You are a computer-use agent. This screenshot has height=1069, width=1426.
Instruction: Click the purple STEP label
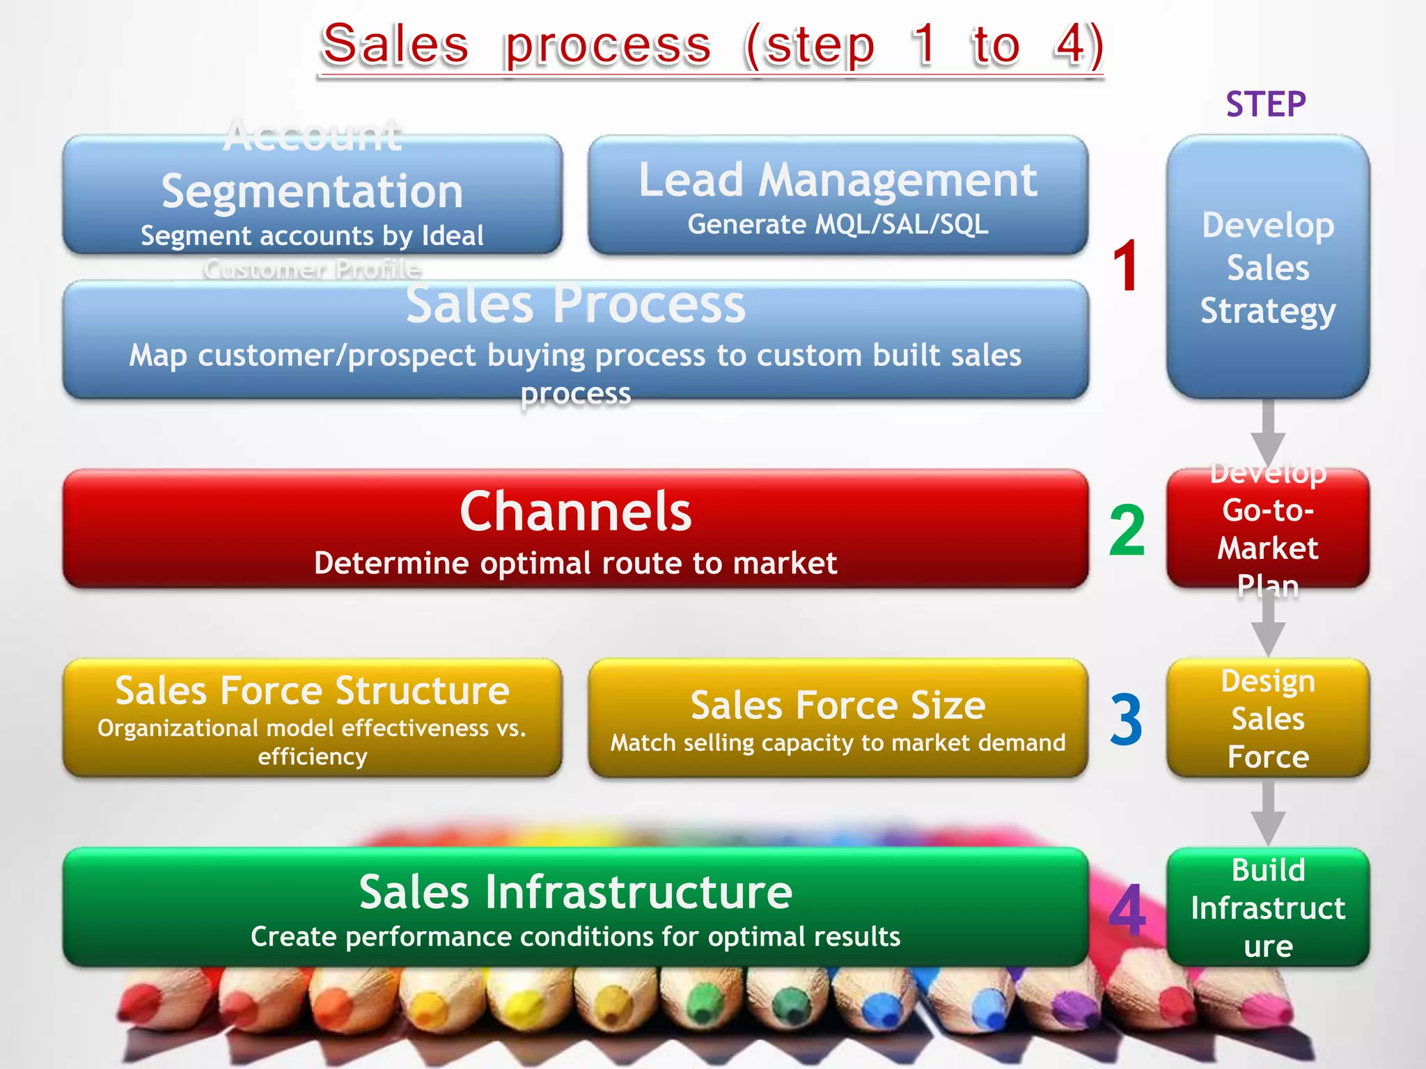1266,104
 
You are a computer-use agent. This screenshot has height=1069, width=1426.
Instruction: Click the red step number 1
1125,266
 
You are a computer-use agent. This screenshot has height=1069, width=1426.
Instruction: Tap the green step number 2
1127,530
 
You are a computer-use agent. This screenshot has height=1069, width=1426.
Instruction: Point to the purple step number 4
1127,910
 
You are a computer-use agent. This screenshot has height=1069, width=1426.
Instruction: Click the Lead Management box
838,195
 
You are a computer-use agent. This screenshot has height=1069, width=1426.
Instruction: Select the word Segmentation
312,191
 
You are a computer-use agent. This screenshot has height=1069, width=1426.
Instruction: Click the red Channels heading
575,512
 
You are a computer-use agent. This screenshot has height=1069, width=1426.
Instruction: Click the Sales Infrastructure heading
575,892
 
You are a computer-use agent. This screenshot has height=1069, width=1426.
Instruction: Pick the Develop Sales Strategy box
1268,267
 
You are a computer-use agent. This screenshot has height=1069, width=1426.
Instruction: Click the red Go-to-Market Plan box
1268,529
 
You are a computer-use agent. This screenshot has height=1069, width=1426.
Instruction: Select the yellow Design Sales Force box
1268,718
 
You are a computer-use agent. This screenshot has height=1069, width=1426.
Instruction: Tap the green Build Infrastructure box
1268,908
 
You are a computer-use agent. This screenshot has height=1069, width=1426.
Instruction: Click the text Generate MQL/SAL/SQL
838,225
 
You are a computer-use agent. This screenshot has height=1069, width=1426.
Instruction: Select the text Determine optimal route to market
575,563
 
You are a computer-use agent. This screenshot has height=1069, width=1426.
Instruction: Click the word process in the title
607,46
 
